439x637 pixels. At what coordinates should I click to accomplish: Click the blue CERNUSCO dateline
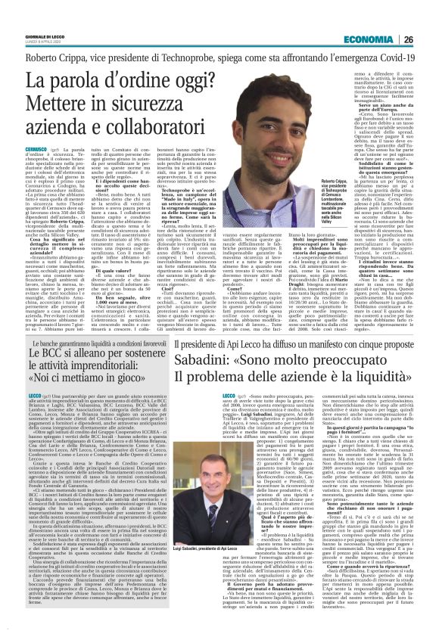23,132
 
